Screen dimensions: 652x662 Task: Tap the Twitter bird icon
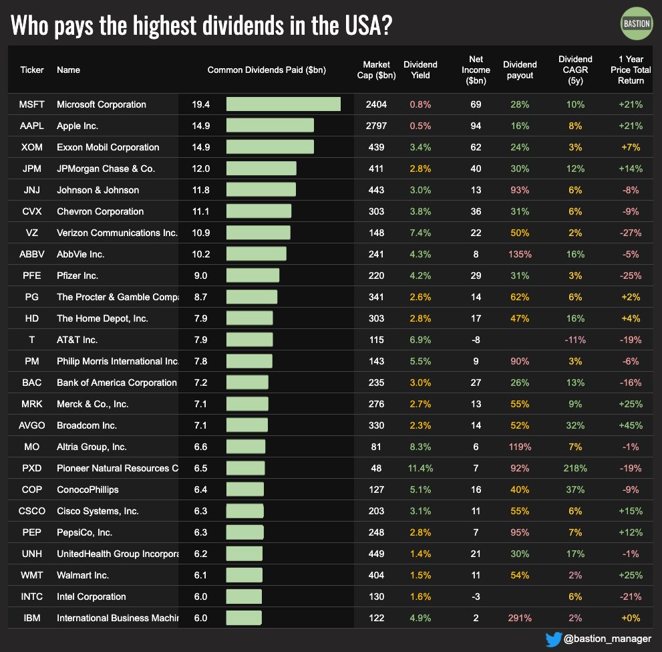(x=554, y=639)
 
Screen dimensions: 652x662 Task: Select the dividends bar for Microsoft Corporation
(x=283, y=104)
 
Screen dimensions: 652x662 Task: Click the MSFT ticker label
(x=32, y=104)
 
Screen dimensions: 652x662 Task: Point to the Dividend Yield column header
(x=420, y=70)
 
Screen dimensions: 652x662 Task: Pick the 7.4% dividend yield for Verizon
(x=420, y=233)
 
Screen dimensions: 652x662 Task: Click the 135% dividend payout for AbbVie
(x=519, y=254)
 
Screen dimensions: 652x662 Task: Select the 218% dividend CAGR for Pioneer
(x=574, y=468)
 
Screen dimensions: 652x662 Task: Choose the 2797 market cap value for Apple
(x=376, y=126)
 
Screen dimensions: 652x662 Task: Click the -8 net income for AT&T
(x=476, y=340)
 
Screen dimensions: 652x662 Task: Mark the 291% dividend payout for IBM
(x=519, y=618)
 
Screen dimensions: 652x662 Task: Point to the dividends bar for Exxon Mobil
(x=270, y=147)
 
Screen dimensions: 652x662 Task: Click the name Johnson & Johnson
(x=98, y=190)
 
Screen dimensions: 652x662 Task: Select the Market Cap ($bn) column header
(x=376, y=70)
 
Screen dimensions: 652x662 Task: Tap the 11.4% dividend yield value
(x=420, y=468)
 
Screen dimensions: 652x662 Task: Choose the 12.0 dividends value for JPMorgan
(x=200, y=169)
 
